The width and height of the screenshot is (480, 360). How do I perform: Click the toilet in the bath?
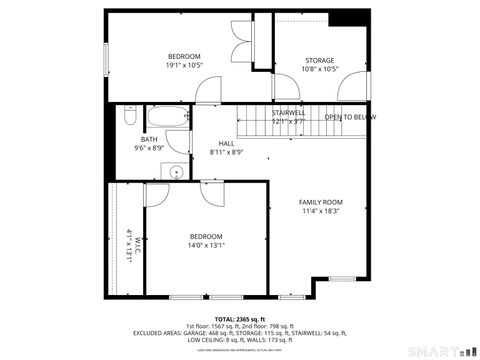[128, 118]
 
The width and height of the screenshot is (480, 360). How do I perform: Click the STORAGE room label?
[320, 60]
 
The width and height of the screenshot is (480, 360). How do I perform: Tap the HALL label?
[227, 143]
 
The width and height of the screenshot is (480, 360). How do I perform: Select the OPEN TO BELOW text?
[350, 117]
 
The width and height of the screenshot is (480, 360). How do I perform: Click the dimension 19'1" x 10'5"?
[184, 66]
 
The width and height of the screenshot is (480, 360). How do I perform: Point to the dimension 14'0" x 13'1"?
[207, 246]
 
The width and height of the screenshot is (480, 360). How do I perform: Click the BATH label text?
[149, 139]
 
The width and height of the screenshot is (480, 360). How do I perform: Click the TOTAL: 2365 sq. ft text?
[239, 319]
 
